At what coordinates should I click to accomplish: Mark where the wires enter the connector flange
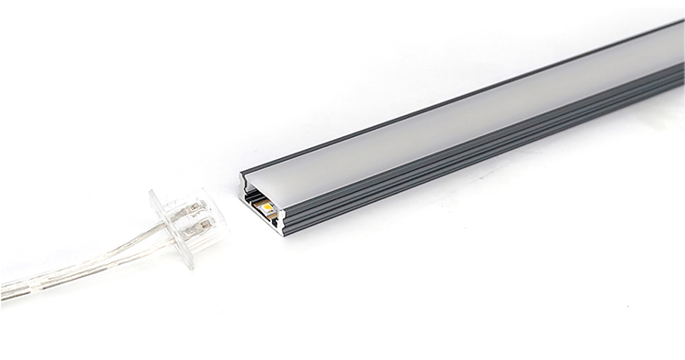(163, 233)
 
